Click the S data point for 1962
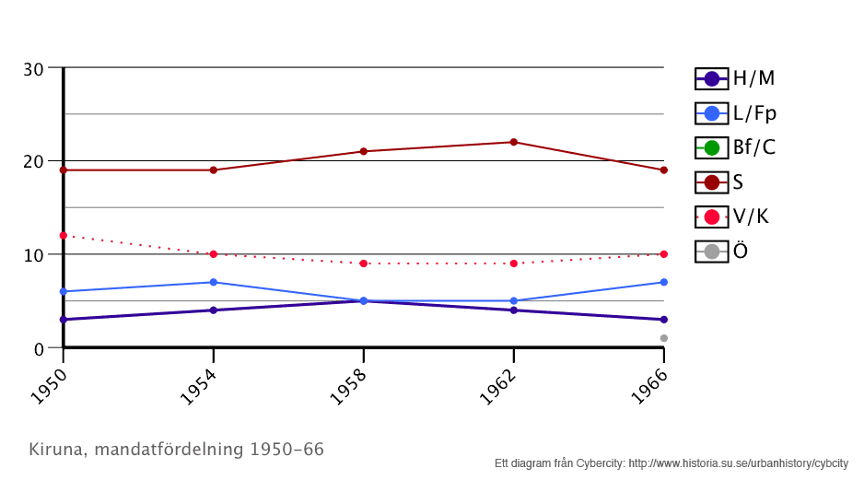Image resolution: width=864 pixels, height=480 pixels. tap(514, 142)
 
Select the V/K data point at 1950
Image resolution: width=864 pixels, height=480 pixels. tap(64, 235)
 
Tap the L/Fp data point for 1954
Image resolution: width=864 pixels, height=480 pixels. tap(214, 282)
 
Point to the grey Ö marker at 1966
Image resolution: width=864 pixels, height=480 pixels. tap(663, 338)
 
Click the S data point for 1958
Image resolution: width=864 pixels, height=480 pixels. tap(364, 151)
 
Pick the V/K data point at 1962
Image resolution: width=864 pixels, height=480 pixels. tap(514, 263)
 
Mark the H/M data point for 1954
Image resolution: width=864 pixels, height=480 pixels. tap(214, 310)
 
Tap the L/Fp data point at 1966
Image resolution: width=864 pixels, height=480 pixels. tap(663, 282)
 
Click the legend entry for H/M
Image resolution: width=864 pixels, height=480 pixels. tap(735, 78)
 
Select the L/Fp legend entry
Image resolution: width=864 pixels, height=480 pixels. tap(735, 113)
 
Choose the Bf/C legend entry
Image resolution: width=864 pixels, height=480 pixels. tap(735, 147)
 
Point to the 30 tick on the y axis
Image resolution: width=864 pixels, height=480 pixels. tap(34, 68)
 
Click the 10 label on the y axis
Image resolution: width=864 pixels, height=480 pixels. tap(34, 255)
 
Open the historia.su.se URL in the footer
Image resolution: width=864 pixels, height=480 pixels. tap(738, 463)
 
